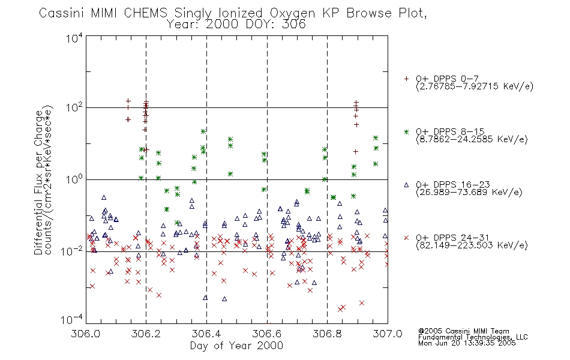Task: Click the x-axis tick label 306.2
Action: [x=146, y=334]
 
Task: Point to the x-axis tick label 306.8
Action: [x=327, y=334]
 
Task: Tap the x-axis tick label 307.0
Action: [x=388, y=334]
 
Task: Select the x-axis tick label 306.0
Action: [x=85, y=334]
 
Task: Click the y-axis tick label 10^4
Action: [x=74, y=38]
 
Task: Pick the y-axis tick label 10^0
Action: [x=74, y=179]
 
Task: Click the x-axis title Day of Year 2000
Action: [x=236, y=346]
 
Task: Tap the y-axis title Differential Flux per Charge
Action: [x=38, y=182]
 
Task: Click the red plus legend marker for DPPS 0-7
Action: [x=406, y=79]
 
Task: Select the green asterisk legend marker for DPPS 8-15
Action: [x=406, y=132]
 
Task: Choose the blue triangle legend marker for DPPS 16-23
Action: [x=406, y=185]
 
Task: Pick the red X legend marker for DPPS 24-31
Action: [x=406, y=238]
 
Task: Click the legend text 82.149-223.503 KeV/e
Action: [x=472, y=245]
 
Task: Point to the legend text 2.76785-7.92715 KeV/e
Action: [x=475, y=86]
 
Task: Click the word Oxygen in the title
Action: [x=292, y=13]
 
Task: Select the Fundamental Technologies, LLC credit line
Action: [x=473, y=337]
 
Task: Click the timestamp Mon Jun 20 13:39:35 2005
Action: [x=467, y=343]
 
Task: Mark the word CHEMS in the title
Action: [x=145, y=13]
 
